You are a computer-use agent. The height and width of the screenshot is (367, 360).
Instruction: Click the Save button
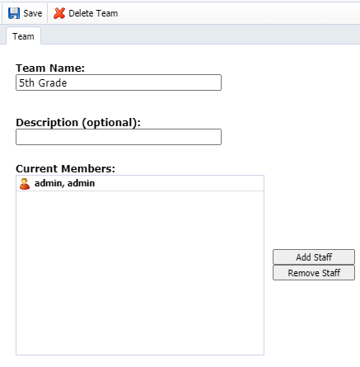click(25, 13)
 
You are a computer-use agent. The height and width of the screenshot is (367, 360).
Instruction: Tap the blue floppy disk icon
click(14, 13)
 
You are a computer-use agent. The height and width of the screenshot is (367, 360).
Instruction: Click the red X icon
click(59, 13)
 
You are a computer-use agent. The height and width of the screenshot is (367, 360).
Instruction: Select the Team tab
click(23, 36)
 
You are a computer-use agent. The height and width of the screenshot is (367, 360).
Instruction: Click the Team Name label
click(50, 68)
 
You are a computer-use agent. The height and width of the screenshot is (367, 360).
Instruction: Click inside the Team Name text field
click(119, 82)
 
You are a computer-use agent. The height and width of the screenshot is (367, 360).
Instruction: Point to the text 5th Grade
click(43, 82)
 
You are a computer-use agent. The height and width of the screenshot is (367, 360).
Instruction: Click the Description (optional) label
click(78, 123)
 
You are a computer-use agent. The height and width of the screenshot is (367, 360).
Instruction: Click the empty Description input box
click(119, 137)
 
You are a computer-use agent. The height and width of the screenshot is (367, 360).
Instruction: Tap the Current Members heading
click(65, 168)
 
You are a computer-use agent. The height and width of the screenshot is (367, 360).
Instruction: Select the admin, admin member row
click(140, 183)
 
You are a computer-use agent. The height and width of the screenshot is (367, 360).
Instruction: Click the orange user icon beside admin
click(25, 184)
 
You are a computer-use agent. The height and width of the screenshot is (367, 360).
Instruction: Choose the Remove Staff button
click(314, 273)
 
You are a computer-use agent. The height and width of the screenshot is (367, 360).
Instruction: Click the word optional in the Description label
click(110, 123)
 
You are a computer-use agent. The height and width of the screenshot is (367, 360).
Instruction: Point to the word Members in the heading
click(88, 168)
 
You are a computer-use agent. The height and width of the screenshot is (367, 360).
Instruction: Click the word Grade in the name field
click(53, 82)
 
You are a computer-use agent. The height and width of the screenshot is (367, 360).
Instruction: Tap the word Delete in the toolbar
click(81, 13)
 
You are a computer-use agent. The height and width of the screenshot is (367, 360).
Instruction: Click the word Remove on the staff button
click(304, 273)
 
